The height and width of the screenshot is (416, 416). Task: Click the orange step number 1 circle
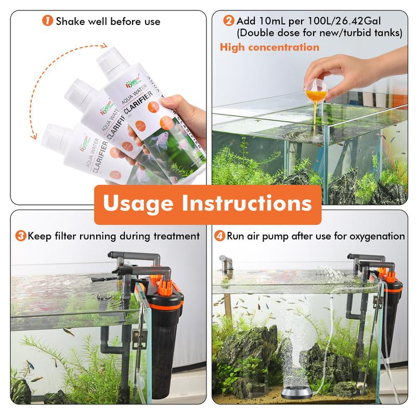pos(48,21)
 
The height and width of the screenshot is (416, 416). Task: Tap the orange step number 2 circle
pos(229,21)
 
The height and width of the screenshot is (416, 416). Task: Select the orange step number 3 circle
pos(21,236)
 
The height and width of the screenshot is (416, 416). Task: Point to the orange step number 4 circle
pos(219,236)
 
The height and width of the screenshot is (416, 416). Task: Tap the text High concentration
pos(269,47)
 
